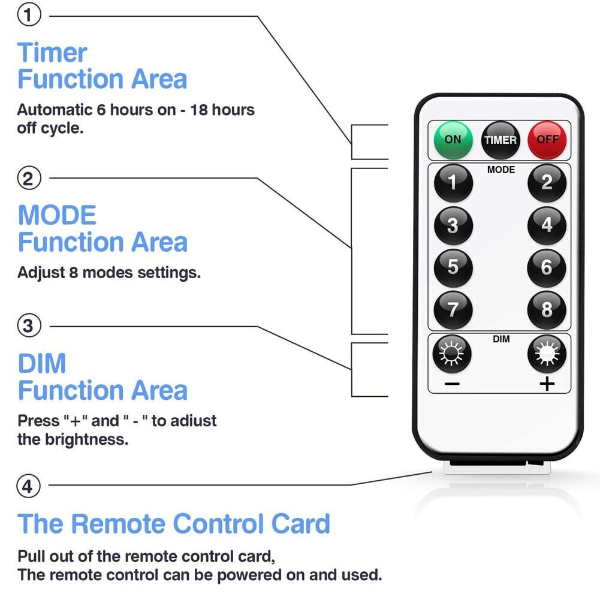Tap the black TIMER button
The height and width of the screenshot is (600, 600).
click(x=500, y=140)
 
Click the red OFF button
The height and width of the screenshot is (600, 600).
click(x=547, y=140)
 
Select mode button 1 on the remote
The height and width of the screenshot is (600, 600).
click(x=453, y=182)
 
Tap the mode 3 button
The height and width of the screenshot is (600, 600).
click(x=453, y=225)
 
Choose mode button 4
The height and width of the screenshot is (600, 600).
click(x=547, y=225)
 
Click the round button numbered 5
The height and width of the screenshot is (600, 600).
click(x=453, y=267)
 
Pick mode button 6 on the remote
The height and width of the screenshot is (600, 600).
click(x=547, y=267)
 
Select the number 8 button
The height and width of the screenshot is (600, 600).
click(x=547, y=310)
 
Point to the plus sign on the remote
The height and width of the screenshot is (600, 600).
click(x=547, y=384)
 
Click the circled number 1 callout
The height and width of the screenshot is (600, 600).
click(x=28, y=16)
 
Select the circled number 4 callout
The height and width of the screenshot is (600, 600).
click(x=28, y=486)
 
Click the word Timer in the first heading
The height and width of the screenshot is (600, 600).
click(x=53, y=53)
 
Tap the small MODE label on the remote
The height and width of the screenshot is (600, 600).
click(x=500, y=170)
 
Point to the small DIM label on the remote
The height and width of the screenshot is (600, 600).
click(x=501, y=339)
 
